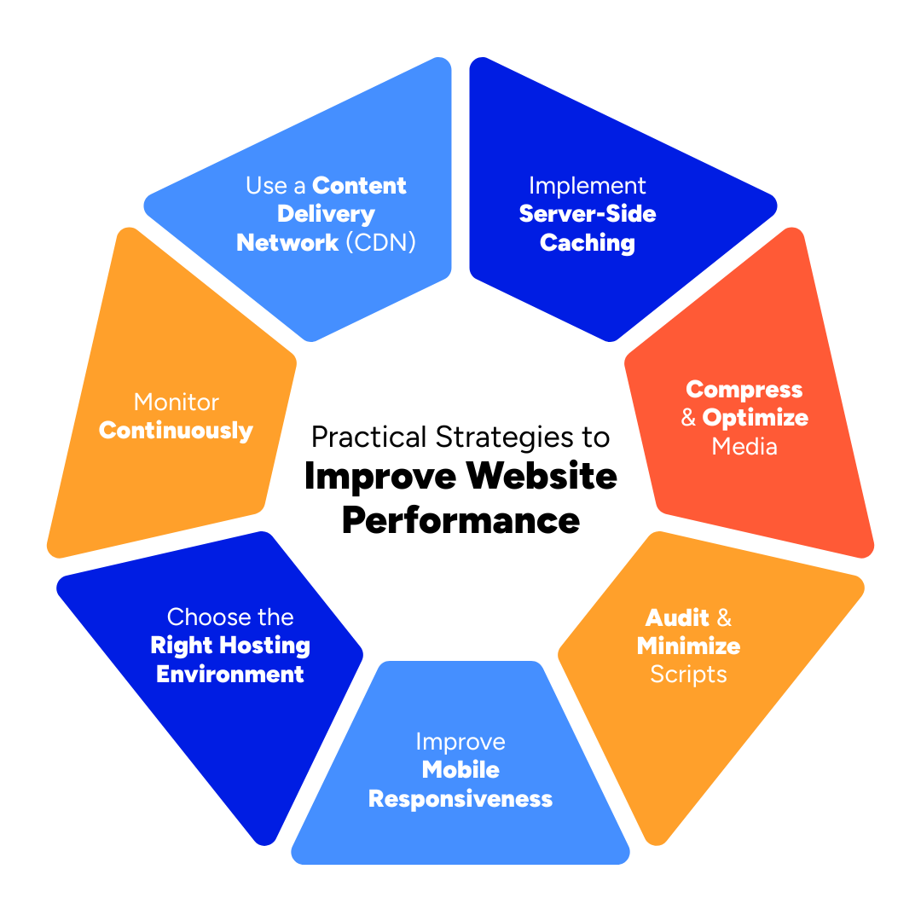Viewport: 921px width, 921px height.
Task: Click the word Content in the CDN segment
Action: (360, 186)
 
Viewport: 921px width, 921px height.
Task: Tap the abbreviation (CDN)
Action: (381, 243)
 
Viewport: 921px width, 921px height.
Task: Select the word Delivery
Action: (326, 214)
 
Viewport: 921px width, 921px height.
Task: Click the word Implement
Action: (588, 186)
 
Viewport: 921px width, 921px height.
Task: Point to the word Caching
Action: (588, 243)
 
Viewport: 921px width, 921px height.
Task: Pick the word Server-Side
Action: (588, 214)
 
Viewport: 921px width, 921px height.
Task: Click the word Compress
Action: (744, 390)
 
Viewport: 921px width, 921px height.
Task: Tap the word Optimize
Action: (756, 418)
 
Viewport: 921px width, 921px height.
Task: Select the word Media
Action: (744, 446)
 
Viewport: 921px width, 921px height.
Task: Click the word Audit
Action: (678, 617)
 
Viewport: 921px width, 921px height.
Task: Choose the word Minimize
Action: (688, 646)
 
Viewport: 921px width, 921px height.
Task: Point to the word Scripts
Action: (688, 675)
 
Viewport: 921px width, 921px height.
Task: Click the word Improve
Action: (460, 742)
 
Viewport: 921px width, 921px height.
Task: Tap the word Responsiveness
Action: (460, 799)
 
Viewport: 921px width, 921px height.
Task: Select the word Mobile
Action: (460, 770)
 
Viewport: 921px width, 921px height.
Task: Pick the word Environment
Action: (230, 675)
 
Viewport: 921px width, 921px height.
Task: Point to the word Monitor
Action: (177, 403)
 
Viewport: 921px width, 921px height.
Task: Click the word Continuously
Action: (177, 431)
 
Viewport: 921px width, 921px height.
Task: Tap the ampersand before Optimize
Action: (689, 419)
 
